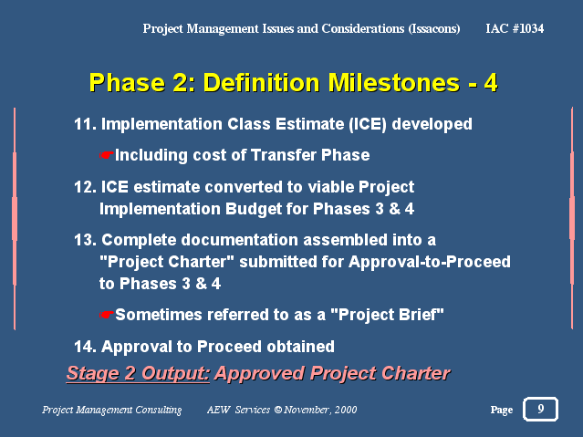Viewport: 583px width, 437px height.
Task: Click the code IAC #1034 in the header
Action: coord(515,28)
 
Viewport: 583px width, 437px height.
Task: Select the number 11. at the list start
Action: coord(85,124)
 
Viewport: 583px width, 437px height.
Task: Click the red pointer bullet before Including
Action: coord(106,155)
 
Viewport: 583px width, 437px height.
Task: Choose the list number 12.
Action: coord(85,187)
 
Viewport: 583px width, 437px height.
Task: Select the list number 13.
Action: coord(85,240)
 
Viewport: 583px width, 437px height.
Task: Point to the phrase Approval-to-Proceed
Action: coord(430,262)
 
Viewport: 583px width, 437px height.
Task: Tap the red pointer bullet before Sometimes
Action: coord(106,315)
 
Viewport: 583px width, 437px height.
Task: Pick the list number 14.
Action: coord(85,347)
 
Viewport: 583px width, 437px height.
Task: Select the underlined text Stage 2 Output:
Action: coord(138,373)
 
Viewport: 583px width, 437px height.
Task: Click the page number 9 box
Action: coord(540,409)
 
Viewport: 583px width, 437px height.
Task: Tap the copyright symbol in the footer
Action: coord(278,410)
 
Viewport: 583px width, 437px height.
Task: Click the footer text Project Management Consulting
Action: coord(112,410)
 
